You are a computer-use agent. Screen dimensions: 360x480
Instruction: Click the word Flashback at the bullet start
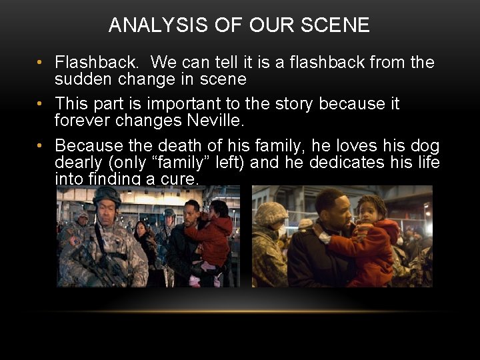coord(97,63)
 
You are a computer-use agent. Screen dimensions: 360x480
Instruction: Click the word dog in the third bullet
coord(425,145)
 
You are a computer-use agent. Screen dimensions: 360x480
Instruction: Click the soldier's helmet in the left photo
coord(106,195)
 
